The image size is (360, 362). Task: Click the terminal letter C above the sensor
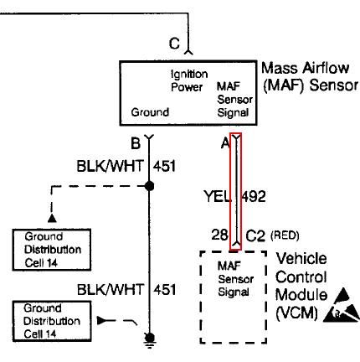coord(174,44)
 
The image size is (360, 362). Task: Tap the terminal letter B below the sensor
coord(136,143)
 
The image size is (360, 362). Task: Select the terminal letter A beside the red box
coord(225,143)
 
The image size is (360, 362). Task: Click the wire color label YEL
coord(218,196)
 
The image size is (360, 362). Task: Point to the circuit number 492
coord(253,196)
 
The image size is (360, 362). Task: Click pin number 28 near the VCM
coord(219,235)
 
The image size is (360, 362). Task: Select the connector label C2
coord(255,236)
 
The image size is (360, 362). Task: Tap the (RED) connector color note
coord(285,235)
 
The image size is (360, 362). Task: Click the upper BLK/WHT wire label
coord(110,166)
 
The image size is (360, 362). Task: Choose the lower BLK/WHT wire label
coord(111,290)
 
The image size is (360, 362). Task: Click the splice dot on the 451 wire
coord(150,186)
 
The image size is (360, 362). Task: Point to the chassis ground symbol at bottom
coord(150,340)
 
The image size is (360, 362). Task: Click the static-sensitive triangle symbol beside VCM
coord(342,306)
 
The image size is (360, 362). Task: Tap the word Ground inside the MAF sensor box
coord(150,112)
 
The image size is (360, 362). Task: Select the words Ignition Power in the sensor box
coord(189,80)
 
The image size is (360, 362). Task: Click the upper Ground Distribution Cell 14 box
coord(52,250)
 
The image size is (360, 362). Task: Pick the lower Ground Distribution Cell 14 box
coord(52,321)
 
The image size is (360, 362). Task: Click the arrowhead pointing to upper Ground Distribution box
coord(52,218)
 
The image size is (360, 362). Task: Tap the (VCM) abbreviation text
coord(296,313)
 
